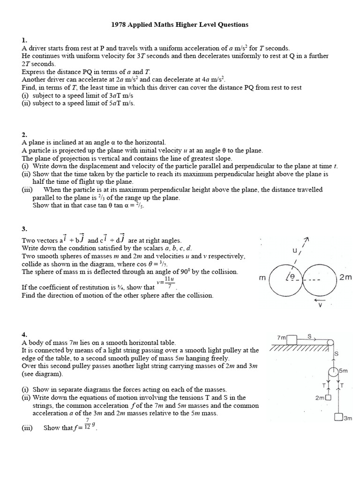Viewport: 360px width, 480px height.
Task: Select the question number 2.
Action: click(24, 135)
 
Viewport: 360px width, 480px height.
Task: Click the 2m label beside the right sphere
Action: click(345, 277)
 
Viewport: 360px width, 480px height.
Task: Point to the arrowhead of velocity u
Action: click(307, 240)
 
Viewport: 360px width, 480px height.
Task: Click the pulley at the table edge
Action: click(332, 343)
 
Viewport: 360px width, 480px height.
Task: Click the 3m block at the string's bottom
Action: click(338, 417)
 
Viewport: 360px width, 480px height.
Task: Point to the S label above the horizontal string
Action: click(309, 336)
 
